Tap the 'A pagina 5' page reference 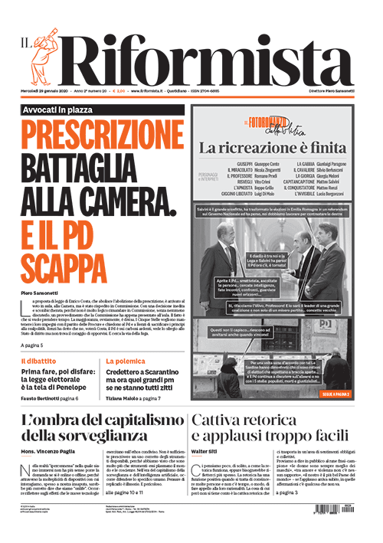[38, 345]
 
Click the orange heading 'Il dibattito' [38, 360]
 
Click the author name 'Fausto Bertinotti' [46, 400]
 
